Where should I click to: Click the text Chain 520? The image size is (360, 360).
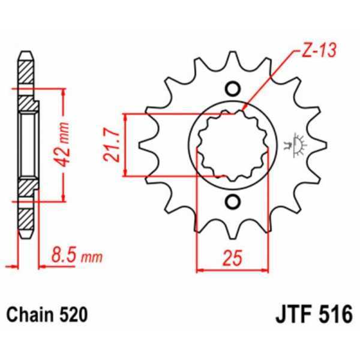[x=47, y=314]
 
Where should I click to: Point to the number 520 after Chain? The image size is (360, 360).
[x=73, y=314]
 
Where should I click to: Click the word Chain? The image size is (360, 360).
[x=32, y=314]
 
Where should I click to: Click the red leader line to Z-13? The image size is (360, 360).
[x=273, y=80]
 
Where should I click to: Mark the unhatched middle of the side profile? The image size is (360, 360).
[x=28, y=145]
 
